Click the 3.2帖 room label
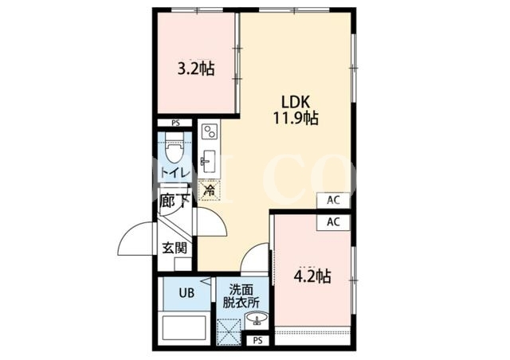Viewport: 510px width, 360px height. (x=196, y=68)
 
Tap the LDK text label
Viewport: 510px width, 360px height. (x=296, y=103)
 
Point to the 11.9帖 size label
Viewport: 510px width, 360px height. (x=296, y=118)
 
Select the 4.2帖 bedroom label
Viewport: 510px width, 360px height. (x=312, y=276)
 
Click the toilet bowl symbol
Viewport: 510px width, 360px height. (x=175, y=150)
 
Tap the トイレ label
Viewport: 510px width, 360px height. (x=175, y=172)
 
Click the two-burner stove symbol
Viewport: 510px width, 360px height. (x=209, y=131)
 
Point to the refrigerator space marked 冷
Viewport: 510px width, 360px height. (x=210, y=190)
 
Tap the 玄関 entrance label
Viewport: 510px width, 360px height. (x=175, y=248)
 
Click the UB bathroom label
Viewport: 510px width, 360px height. (x=186, y=293)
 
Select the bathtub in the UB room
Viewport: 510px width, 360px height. (x=184, y=328)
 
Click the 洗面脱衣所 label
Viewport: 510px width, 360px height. (x=241, y=295)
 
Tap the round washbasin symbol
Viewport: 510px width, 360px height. (x=257, y=318)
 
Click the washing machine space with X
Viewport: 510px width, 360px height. (x=229, y=331)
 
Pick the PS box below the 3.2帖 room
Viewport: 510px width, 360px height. (x=175, y=123)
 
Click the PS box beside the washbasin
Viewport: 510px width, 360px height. (x=257, y=341)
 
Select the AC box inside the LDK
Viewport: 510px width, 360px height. (x=333, y=200)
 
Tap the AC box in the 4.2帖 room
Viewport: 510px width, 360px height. (x=333, y=222)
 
